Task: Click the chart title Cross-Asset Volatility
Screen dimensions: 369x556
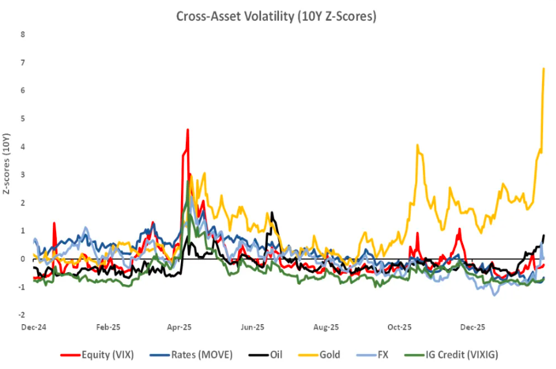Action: click(276, 17)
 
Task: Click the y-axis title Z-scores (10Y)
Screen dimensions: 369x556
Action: click(7, 164)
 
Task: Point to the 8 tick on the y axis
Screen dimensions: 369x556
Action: click(23, 34)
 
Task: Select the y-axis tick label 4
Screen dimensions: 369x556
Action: click(23, 147)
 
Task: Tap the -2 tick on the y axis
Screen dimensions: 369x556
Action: click(22, 315)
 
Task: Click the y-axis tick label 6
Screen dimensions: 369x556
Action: click(23, 90)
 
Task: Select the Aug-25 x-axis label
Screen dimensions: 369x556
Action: click(326, 327)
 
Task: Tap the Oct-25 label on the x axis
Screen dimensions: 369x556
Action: click(399, 327)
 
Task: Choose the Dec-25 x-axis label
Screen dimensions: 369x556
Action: click(473, 327)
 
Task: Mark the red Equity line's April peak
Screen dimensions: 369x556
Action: click(187, 130)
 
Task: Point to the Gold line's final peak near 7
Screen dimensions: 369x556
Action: click(544, 68)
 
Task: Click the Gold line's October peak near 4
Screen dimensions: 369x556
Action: click(417, 146)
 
